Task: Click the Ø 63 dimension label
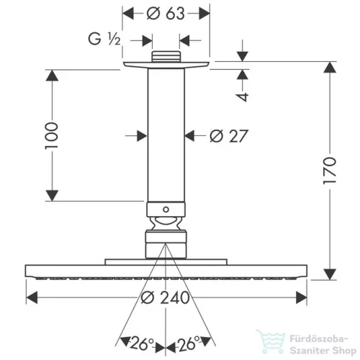[x=166, y=14]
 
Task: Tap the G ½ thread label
[x=104, y=39]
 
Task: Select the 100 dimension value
[x=52, y=135]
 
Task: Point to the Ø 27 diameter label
[x=229, y=136]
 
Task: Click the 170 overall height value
[x=330, y=171]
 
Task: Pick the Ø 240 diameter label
[x=165, y=297]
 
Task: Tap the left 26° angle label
[x=142, y=343]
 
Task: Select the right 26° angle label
[x=188, y=343]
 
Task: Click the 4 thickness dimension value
[x=242, y=96]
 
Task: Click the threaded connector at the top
[x=166, y=57]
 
